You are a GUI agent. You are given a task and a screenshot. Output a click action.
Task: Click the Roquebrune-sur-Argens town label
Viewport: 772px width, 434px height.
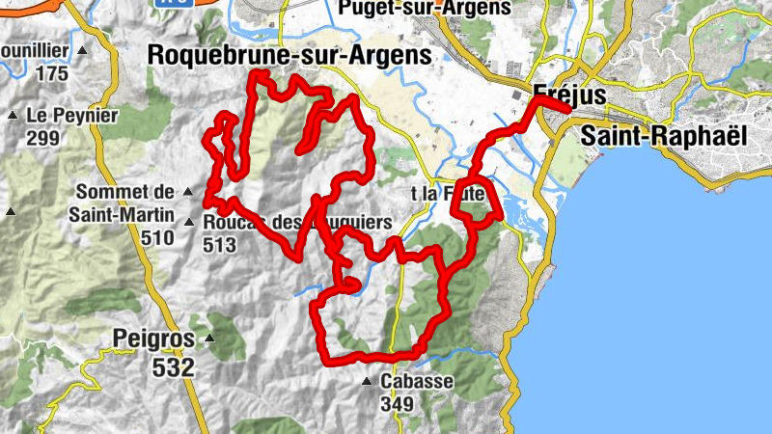tap(289, 56)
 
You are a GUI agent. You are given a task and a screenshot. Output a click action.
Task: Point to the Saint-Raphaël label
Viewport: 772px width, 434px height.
tap(666, 136)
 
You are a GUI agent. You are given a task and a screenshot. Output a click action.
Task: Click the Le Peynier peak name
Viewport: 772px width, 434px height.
tap(72, 116)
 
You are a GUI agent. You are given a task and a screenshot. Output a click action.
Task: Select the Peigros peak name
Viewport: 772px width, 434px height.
tap(153, 339)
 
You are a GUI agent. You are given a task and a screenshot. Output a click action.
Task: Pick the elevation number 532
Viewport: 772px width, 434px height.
tap(173, 366)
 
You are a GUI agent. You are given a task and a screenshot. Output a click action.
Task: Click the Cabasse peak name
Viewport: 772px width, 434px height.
tap(416, 381)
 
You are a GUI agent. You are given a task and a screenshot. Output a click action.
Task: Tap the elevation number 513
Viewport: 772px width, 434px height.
tap(221, 245)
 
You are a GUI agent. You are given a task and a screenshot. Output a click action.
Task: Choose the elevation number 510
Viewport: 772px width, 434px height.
tap(156, 236)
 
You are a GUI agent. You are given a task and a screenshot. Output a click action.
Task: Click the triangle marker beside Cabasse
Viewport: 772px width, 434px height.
tap(367, 382)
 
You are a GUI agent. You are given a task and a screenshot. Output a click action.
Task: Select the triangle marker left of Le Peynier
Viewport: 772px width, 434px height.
tap(12, 116)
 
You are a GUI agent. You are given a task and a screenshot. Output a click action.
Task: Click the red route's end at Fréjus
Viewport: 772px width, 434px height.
tap(569, 108)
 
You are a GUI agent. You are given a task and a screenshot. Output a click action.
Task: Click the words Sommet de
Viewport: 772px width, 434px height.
tap(123, 191)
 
